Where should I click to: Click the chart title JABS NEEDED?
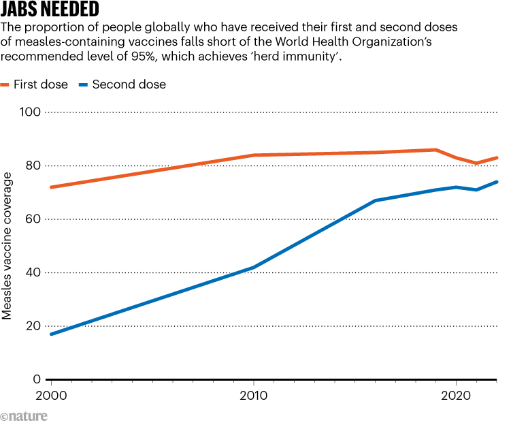50,10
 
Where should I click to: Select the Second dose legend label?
129,84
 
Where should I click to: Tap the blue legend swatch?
83,84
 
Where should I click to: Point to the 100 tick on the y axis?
32,112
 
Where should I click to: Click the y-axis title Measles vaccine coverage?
8,246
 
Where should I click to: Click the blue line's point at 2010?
254,268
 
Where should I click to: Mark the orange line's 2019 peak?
435,150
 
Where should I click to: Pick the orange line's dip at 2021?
476,163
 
